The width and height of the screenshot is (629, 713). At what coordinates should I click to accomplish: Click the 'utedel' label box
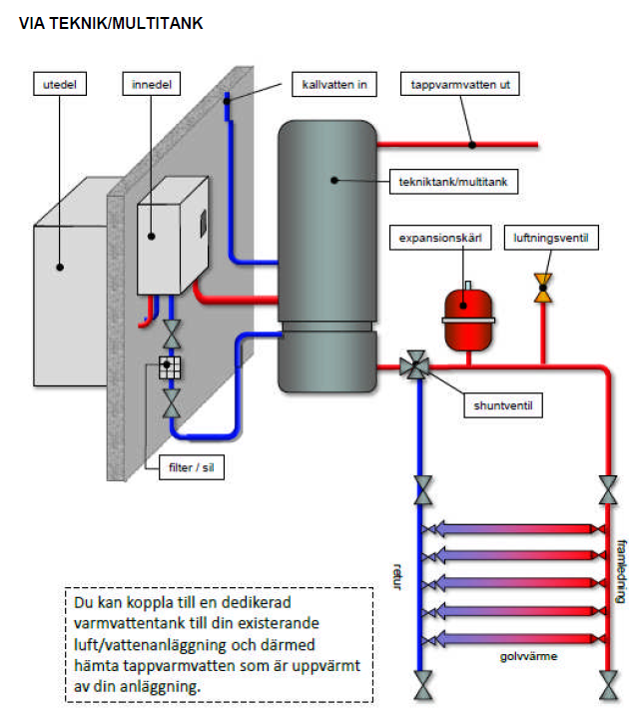point(60,84)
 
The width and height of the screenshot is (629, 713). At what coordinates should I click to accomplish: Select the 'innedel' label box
point(152,84)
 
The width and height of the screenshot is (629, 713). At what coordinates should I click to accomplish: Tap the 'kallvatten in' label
point(334,84)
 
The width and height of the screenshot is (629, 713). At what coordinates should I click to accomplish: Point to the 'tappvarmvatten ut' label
point(460,84)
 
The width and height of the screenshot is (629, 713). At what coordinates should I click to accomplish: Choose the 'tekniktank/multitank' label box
point(453,182)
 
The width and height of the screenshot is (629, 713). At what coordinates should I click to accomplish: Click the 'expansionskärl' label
point(440,238)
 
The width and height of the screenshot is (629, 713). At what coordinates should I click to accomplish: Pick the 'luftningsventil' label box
point(551,238)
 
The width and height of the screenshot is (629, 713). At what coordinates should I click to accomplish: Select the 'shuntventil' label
point(503,405)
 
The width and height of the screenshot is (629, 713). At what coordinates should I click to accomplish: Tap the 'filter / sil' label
point(192,467)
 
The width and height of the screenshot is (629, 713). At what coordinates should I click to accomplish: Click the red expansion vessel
point(468,319)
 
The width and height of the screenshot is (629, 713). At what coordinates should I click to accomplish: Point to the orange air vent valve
point(543,288)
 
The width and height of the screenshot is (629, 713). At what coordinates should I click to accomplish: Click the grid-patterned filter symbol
point(170,367)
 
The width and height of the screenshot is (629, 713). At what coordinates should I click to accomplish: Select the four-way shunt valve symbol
point(415,364)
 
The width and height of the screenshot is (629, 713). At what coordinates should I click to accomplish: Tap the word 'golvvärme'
point(528,656)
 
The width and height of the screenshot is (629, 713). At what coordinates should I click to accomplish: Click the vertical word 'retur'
point(397,576)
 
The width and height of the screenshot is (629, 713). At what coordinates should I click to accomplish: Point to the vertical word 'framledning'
point(621,571)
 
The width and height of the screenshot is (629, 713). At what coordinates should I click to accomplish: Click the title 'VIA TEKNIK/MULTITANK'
point(111,23)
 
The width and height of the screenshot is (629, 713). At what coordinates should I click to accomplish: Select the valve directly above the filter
point(172,334)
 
